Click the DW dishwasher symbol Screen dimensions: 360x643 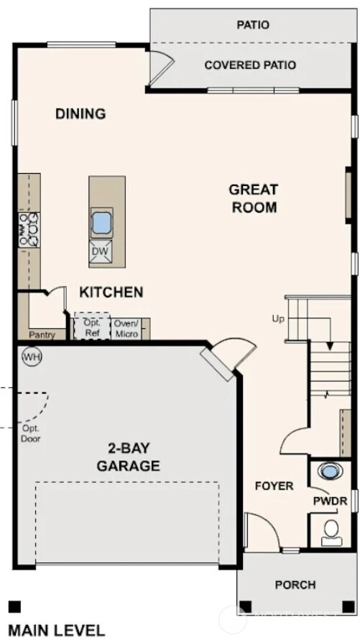coord(101,251)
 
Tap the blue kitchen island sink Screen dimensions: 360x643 coord(101,223)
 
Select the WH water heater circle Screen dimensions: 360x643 coord(32,357)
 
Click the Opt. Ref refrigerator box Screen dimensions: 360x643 coord(92,327)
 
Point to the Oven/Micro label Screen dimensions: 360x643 coord(126,328)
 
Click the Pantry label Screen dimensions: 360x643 coord(42,335)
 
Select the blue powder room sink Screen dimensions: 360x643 coord(329,471)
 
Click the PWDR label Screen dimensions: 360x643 coord(330,501)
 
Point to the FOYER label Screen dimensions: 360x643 coord(274,486)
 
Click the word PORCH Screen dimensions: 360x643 coord(295,584)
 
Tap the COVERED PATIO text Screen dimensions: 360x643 coord(250,65)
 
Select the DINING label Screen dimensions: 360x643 coord(80,114)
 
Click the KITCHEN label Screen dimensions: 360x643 coord(111,292)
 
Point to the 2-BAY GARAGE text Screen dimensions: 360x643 coord(129,457)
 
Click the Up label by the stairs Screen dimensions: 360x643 coord(278,319)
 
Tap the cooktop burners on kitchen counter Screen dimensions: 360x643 coord(29,230)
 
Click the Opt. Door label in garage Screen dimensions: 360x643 coord(31,433)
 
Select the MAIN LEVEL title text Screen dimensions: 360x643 coord(56,631)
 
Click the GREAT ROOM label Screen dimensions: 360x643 coord(254,198)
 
